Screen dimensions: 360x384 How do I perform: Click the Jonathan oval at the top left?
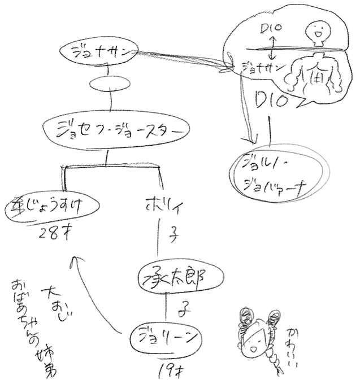[97, 51]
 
